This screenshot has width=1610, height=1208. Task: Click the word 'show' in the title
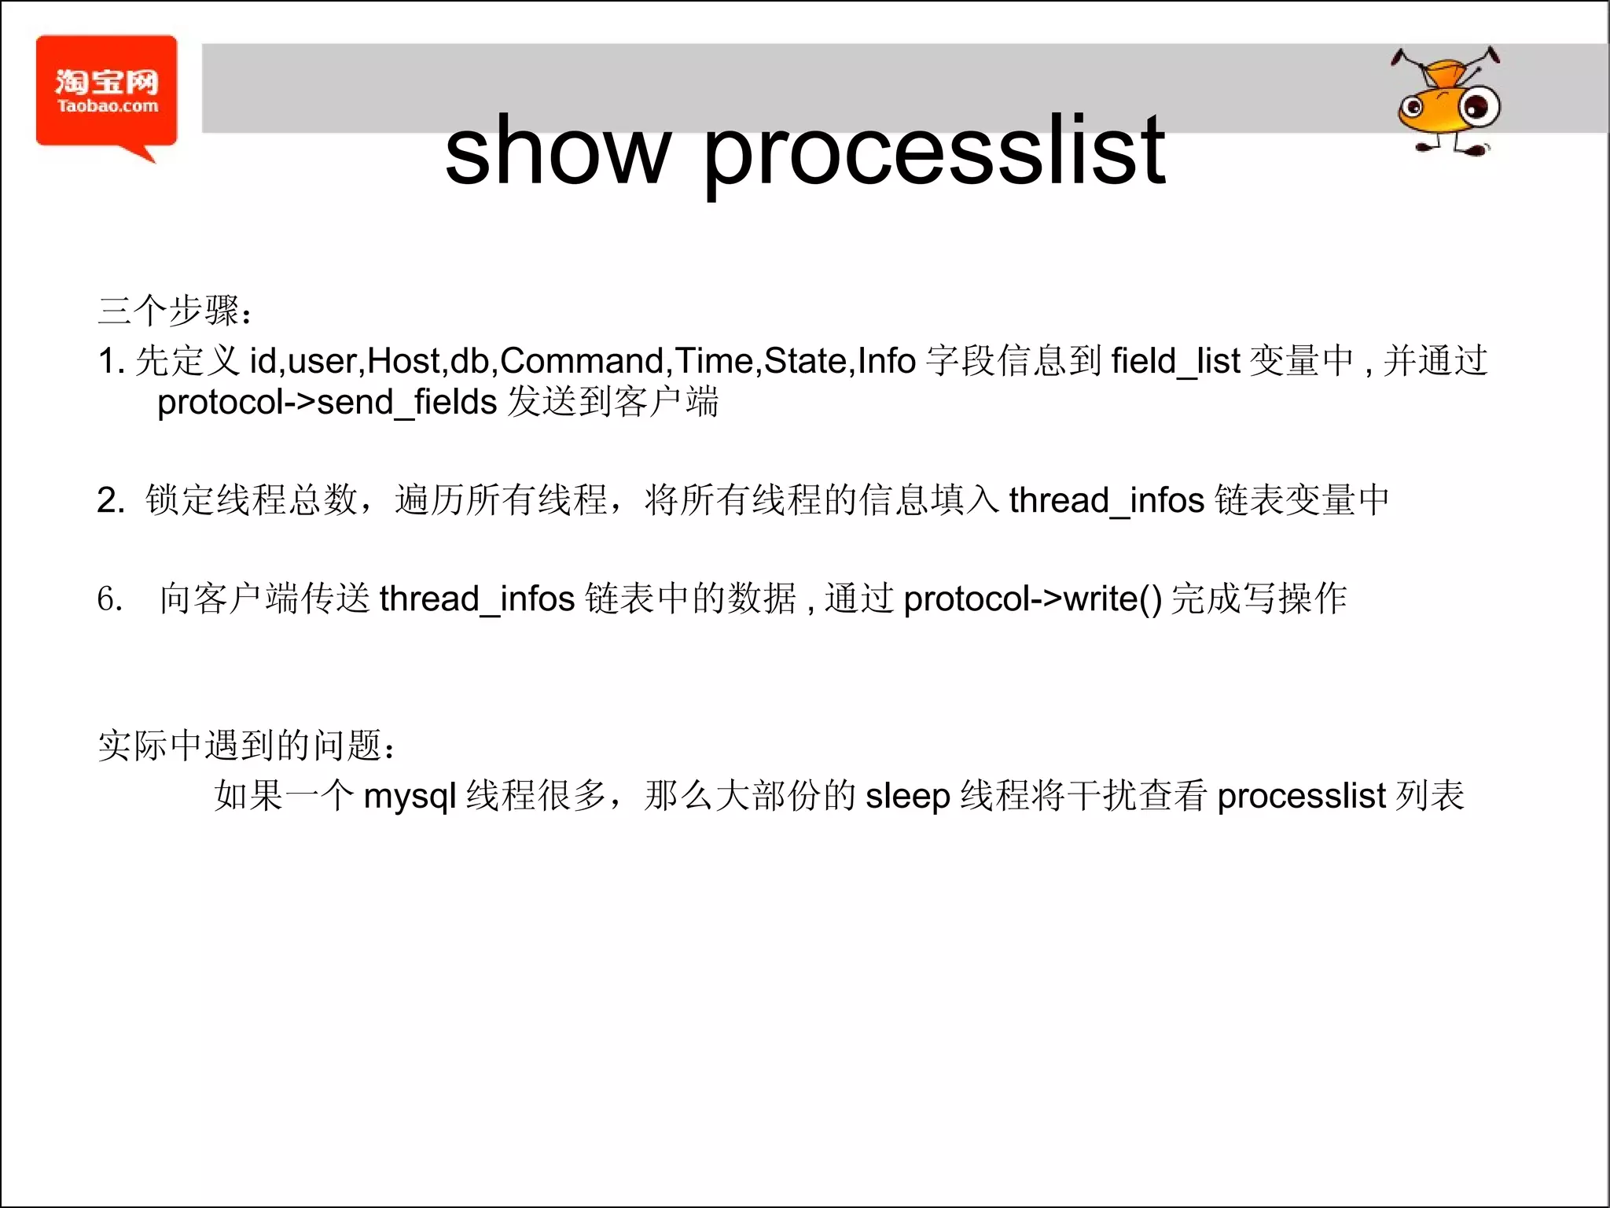557,151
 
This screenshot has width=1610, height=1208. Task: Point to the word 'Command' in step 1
583,361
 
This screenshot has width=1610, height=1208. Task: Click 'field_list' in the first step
1175,361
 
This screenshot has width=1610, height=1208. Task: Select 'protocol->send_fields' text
327,403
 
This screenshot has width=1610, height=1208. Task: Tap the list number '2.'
111,500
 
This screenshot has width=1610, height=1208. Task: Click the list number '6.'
110,599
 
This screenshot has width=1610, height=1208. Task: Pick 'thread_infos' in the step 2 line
1106,500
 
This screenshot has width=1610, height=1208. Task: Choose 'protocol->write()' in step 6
1032,599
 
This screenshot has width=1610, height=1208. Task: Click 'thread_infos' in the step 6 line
477,599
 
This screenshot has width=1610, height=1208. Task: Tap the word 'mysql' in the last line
410,797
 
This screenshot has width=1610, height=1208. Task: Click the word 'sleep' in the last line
908,797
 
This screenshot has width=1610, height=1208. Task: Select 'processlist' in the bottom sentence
1301,797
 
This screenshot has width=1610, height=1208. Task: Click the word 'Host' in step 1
402,361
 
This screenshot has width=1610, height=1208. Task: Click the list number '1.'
111,361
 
